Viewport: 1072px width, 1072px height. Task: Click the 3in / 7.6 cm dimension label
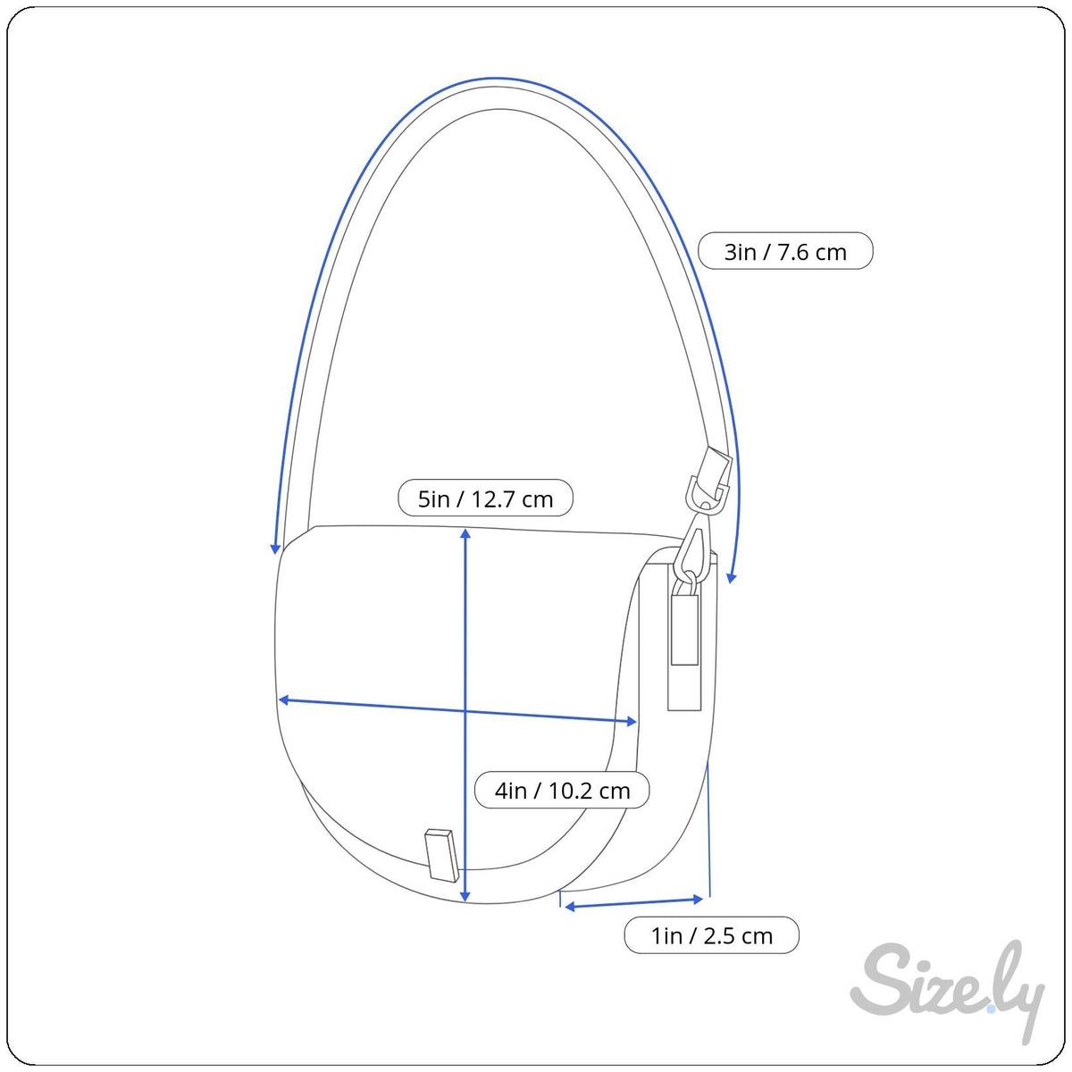click(x=785, y=251)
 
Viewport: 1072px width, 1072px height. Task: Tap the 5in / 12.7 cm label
click(x=485, y=498)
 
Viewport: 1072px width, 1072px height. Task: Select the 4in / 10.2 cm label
click(x=562, y=790)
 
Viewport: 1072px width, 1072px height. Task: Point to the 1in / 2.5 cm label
click(x=711, y=935)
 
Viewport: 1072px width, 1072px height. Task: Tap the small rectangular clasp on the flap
click(x=442, y=855)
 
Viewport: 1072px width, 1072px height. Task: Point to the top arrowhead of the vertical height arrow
click(x=465, y=533)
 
